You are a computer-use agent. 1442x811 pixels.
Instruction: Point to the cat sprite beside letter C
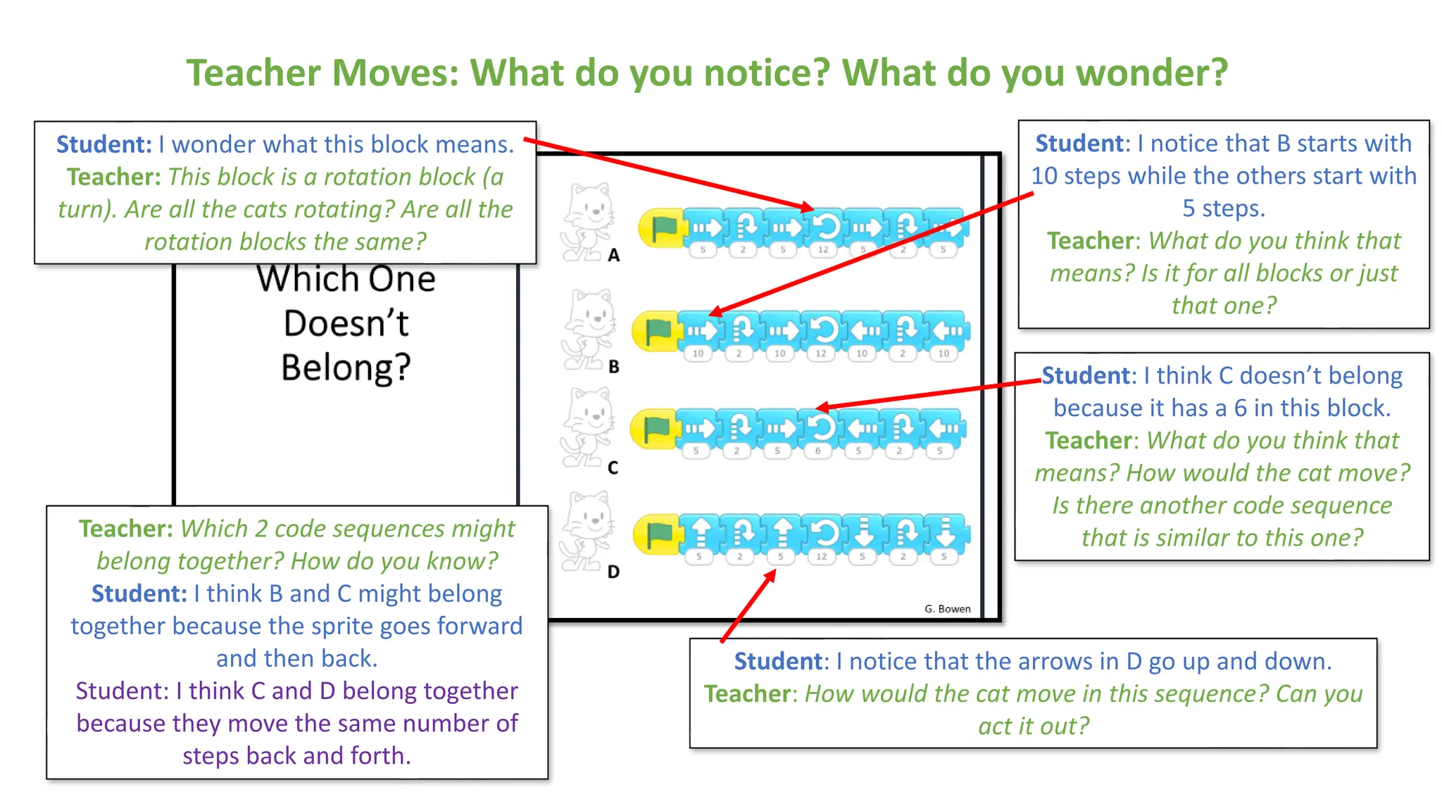point(589,427)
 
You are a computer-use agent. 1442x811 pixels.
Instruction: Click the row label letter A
point(614,256)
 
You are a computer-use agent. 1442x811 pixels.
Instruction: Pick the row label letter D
point(614,572)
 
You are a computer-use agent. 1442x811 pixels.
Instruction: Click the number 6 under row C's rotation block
point(818,451)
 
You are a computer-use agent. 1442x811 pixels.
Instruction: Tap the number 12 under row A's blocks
point(823,249)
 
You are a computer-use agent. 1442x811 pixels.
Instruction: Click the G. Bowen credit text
point(947,609)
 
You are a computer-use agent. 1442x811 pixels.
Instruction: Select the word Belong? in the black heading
point(346,367)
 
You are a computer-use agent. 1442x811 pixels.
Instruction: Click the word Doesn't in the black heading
point(346,323)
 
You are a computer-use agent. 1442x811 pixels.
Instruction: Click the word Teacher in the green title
point(253,73)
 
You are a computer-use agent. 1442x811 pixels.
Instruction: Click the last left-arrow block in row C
point(944,427)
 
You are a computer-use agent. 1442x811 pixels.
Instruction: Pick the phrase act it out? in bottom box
point(1033,726)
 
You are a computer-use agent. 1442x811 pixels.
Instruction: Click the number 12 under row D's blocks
point(822,556)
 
